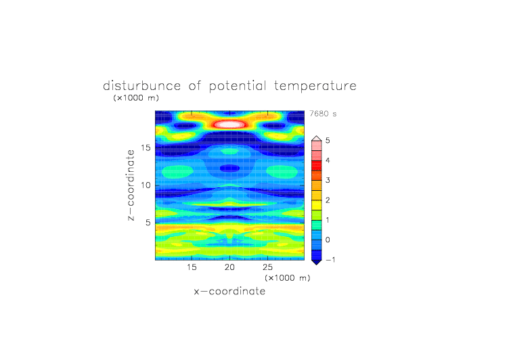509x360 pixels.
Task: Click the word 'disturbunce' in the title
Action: pos(142,86)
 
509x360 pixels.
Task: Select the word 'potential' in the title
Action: pos(238,87)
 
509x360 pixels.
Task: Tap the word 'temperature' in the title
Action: pos(315,87)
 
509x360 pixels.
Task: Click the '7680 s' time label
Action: pos(323,114)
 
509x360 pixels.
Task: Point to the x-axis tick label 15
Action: pos(192,267)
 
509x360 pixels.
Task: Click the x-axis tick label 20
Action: pos(229,267)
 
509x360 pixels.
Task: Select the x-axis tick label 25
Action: pos(267,267)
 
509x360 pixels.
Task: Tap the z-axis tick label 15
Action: pos(146,148)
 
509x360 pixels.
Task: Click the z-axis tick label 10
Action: pos(146,185)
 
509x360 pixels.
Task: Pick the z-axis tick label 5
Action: pos(148,223)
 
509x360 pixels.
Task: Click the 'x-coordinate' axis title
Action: pos(229,291)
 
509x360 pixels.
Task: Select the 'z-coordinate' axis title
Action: pos(131,185)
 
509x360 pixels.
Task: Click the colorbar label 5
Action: pos(328,141)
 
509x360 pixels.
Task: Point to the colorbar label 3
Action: pos(328,180)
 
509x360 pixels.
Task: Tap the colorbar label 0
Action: pos(328,240)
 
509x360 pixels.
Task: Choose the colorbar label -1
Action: pos(330,260)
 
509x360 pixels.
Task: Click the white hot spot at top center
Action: pos(229,124)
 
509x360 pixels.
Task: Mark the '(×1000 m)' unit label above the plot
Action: pos(136,97)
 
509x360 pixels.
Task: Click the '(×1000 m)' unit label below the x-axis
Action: pos(288,278)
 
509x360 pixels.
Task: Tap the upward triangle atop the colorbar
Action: pos(317,139)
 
